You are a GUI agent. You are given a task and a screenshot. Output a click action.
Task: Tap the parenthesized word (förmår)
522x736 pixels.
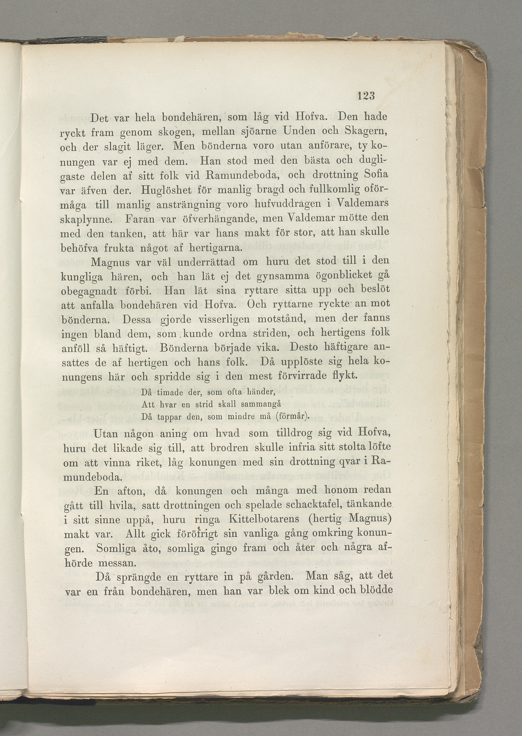tap(292, 417)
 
